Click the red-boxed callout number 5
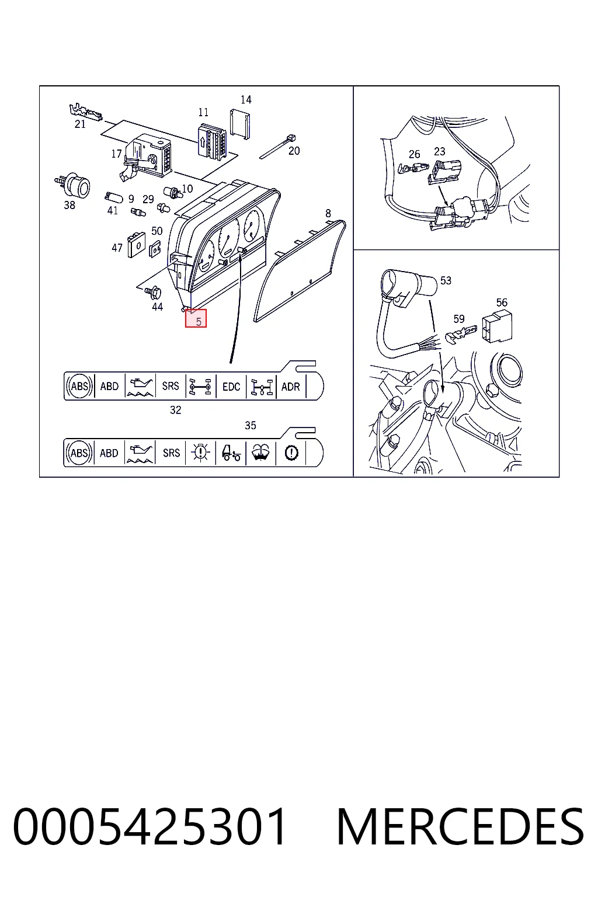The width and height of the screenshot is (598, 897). click(199, 321)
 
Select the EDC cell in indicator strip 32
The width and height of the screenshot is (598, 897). click(231, 387)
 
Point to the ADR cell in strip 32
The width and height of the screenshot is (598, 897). click(290, 387)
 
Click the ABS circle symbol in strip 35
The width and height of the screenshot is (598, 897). click(79, 453)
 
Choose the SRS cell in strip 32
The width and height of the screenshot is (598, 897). click(171, 386)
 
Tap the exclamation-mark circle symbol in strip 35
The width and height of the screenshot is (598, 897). click(291, 453)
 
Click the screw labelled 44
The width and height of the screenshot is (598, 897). click(154, 293)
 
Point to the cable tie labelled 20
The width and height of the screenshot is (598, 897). click(277, 147)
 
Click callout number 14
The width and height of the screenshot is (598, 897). click(246, 99)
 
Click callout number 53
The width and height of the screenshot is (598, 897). click(446, 280)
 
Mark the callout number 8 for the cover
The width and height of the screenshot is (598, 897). click(328, 213)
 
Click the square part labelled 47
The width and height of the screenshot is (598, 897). click(136, 244)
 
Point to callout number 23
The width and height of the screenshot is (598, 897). click(439, 151)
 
